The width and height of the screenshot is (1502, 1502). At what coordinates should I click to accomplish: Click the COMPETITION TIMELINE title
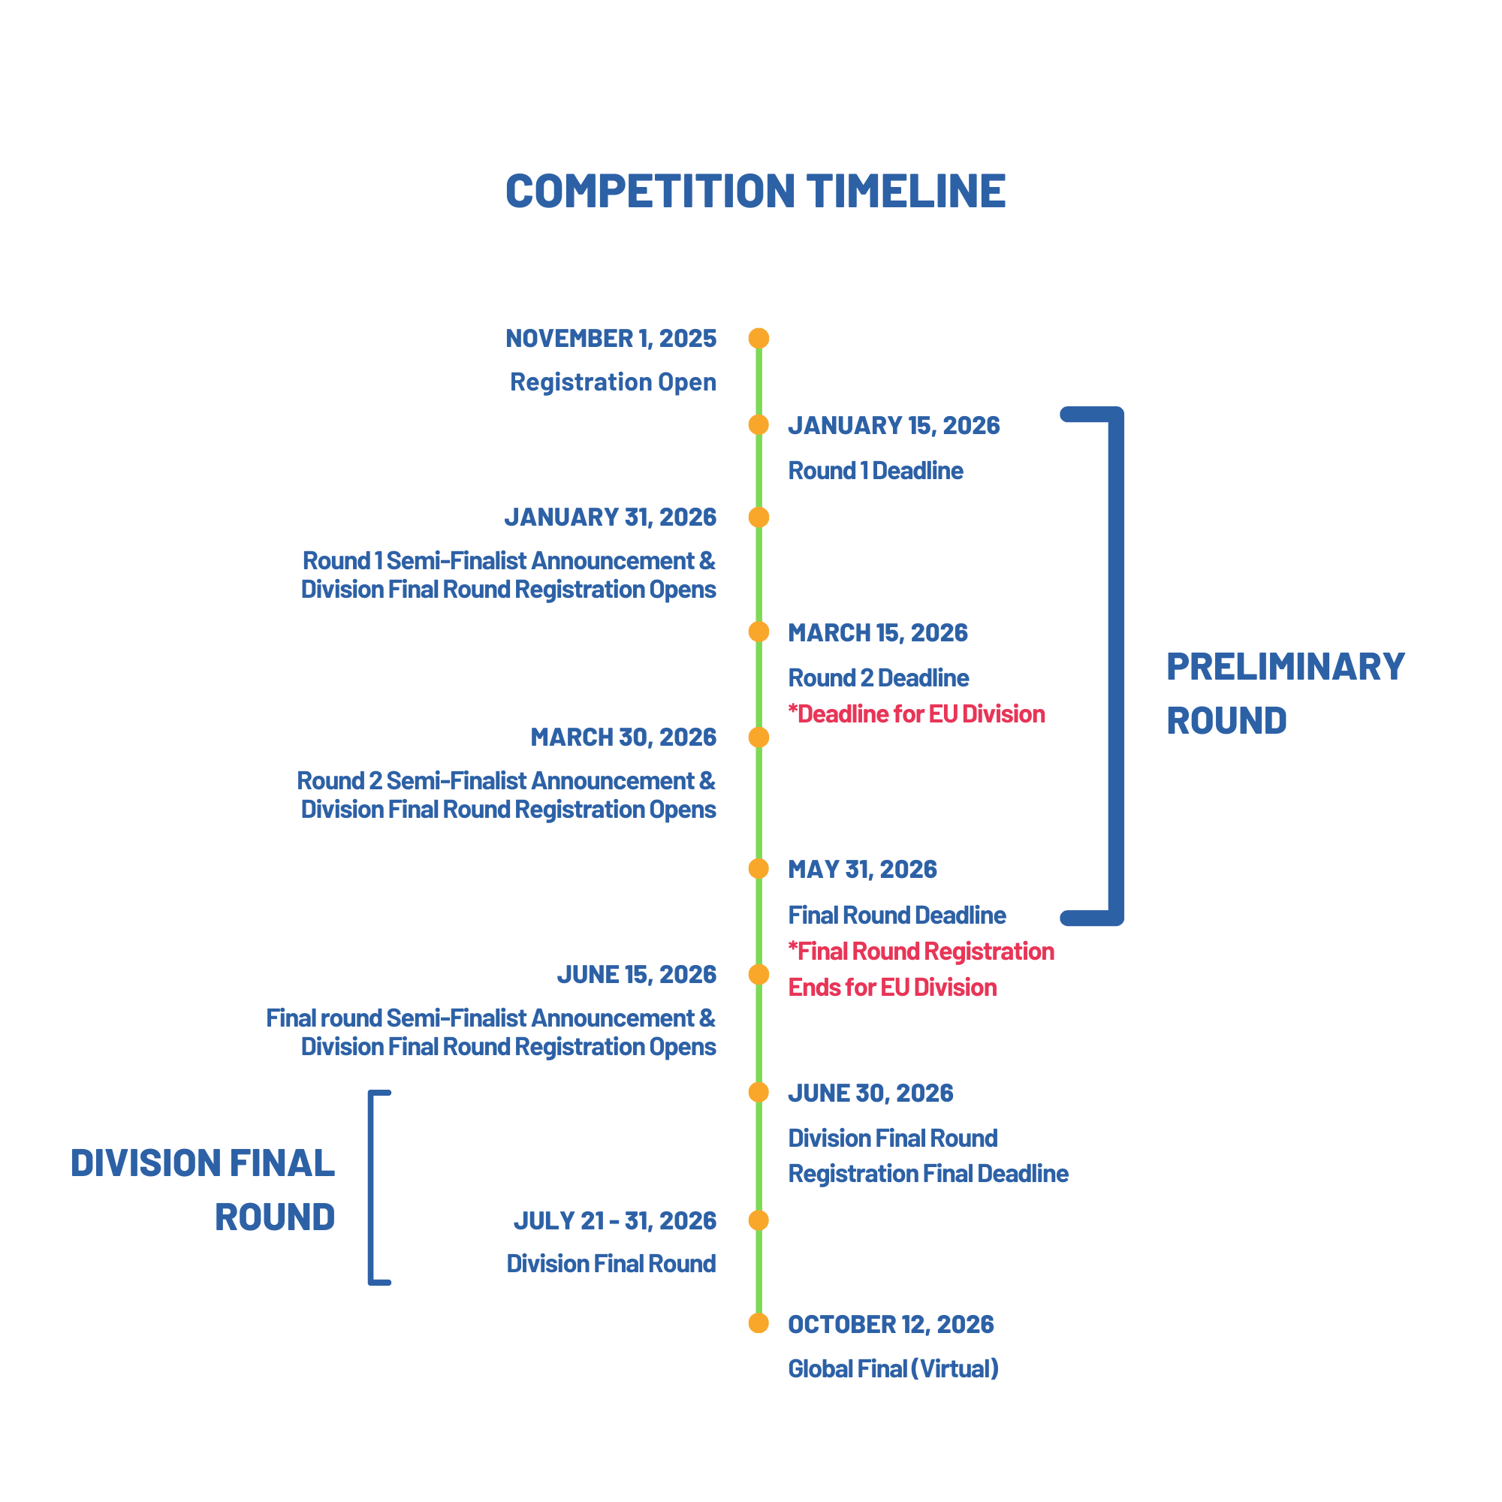tap(755, 192)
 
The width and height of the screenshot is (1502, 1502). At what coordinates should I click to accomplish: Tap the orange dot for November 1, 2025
tap(759, 338)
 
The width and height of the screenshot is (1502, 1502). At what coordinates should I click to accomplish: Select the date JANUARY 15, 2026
tap(893, 425)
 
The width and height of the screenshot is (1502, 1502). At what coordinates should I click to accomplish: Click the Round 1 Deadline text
tap(876, 470)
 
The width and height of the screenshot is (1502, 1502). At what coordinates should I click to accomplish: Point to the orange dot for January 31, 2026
tap(759, 517)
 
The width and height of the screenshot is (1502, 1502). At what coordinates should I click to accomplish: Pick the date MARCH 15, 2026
tap(878, 633)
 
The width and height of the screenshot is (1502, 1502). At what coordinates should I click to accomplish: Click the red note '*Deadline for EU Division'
tap(915, 713)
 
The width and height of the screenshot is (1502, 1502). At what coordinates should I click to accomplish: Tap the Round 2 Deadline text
tap(879, 678)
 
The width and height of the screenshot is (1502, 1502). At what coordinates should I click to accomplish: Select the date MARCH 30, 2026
tap(623, 737)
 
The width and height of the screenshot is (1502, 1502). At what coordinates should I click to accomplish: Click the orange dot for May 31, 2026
tap(759, 868)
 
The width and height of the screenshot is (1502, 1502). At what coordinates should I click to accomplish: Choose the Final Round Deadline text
tap(897, 915)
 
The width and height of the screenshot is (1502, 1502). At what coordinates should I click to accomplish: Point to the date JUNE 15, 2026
tap(636, 974)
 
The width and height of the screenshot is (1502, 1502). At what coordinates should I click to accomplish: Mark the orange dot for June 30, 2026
tap(759, 1092)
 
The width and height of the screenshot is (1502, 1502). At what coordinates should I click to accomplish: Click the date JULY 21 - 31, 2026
tap(614, 1220)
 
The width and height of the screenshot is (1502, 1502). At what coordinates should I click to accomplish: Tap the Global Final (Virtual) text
tap(892, 1368)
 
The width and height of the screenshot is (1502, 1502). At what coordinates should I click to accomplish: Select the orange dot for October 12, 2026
tap(759, 1323)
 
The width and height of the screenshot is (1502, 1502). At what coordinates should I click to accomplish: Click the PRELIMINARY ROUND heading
tap(1284, 693)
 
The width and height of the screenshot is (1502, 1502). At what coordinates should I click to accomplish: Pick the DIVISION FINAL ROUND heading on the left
tap(203, 1190)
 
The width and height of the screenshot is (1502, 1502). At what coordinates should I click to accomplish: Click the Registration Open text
tap(613, 382)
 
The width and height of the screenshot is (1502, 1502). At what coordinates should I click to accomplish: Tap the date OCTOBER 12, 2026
tap(890, 1324)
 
